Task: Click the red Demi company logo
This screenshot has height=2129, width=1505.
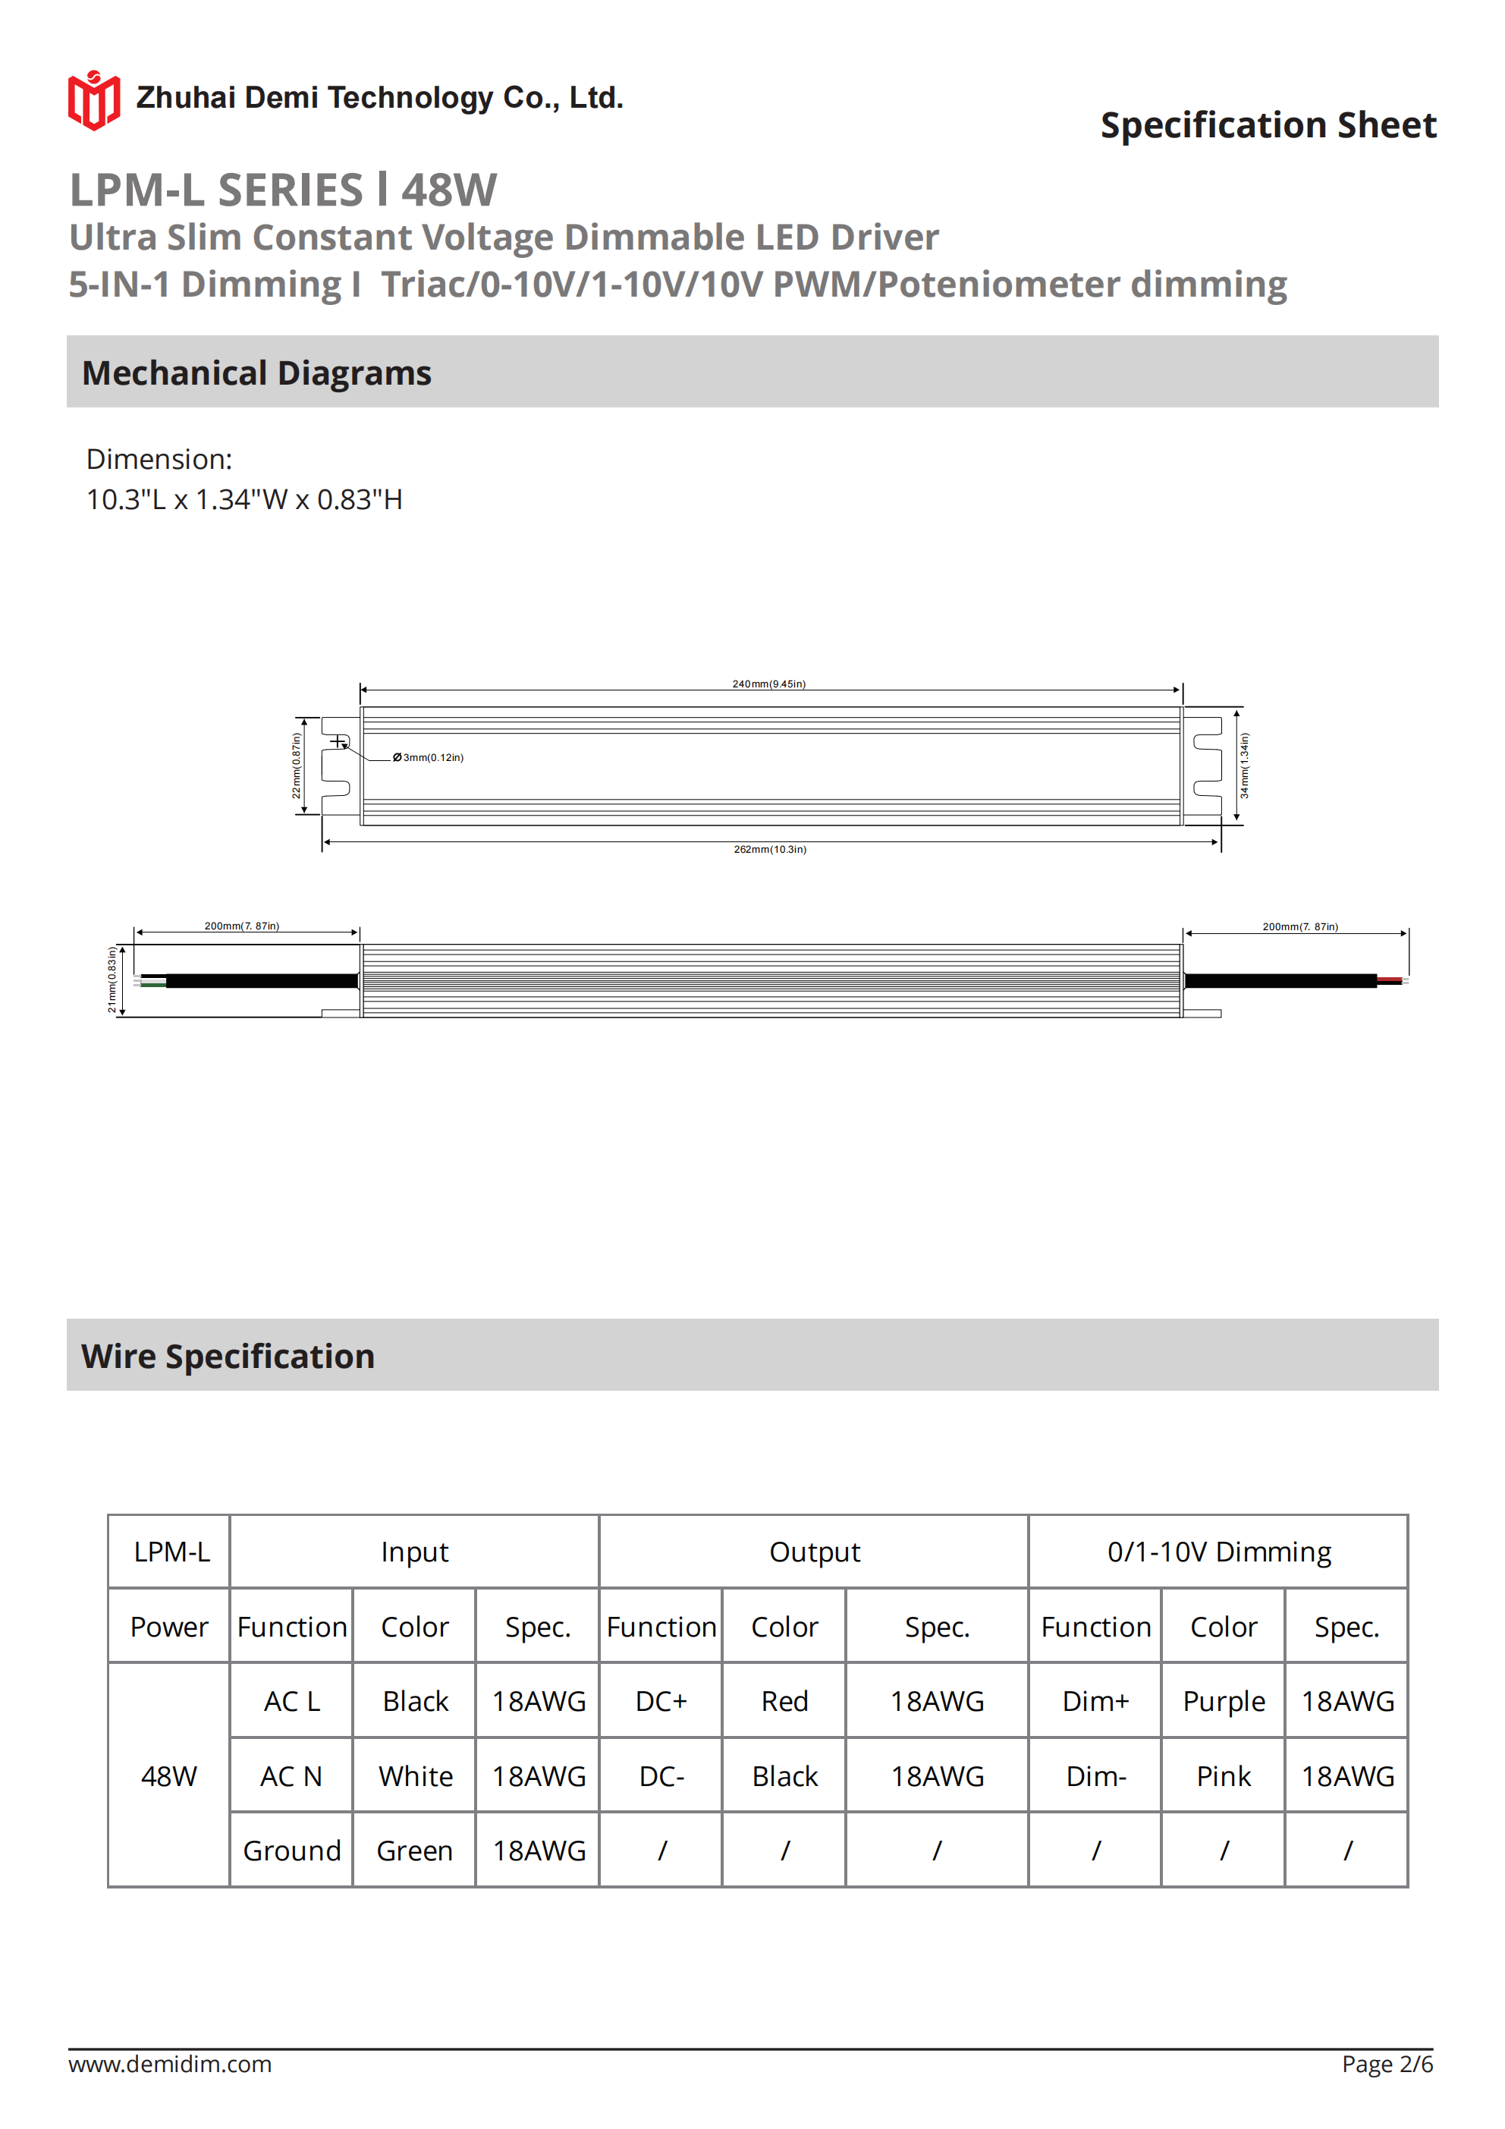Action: click(x=93, y=100)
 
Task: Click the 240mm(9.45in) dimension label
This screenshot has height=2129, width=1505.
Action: click(x=768, y=684)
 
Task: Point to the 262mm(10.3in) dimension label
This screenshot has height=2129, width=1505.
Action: click(x=770, y=849)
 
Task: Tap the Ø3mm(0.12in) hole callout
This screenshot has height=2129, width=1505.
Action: click(x=429, y=757)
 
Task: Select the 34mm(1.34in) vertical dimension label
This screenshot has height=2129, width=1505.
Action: click(x=1244, y=766)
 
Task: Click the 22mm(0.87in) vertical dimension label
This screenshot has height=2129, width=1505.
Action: click(x=297, y=766)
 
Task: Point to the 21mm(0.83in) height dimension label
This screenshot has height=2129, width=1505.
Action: click(x=112, y=980)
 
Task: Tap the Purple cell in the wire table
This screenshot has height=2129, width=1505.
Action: click(x=1223, y=1702)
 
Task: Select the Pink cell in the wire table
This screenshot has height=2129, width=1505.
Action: click(x=1223, y=1777)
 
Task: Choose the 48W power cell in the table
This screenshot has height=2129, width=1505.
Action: click(x=168, y=1777)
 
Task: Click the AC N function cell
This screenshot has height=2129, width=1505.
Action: click(x=291, y=1777)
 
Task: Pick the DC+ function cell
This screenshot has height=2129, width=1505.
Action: click(x=661, y=1702)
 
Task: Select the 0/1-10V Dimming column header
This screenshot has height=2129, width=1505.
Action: click(x=1218, y=1552)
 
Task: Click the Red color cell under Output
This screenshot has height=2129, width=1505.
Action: click(x=784, y=1702)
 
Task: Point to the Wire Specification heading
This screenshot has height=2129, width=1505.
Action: click(x=228, y=1357)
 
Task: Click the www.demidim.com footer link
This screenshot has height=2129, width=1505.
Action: click(x=170, y=2064)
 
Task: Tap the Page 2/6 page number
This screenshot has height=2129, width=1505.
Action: click(x=1387, y=2064)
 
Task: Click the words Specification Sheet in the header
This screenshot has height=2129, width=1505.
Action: click(x=1268, y=125)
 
